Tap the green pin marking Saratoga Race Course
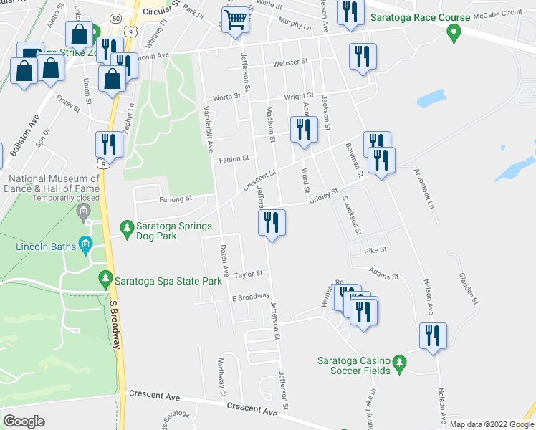(452, 32)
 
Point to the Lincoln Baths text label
(46, 247)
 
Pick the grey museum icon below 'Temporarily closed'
(84, 211)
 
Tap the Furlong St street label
(176, 199)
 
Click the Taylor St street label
(249, 274)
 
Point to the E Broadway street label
(250, 297)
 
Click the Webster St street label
(289, 62)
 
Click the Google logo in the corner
(24, 421)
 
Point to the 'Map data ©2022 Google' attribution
(492, 424)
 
